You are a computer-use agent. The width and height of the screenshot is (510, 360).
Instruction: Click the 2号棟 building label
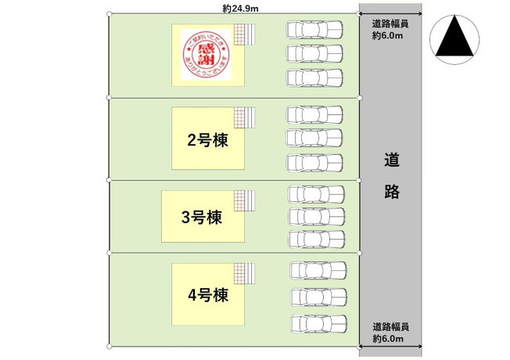pyautogui.click(x=207, y=141)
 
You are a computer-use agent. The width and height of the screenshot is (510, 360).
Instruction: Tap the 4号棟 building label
pyautogui.click(x=207, y=296)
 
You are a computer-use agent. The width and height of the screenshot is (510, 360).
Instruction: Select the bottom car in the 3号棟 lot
pyautogui.click(x=316, y=239)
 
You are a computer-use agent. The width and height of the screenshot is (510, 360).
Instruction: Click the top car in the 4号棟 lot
pyautogui.click(x=318, y=271)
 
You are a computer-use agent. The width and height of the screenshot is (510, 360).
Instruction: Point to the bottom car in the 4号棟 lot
pyautogui.click(x=318, y=322)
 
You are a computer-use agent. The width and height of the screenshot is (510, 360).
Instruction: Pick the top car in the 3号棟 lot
pyautogui.click(x=316, y=193)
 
